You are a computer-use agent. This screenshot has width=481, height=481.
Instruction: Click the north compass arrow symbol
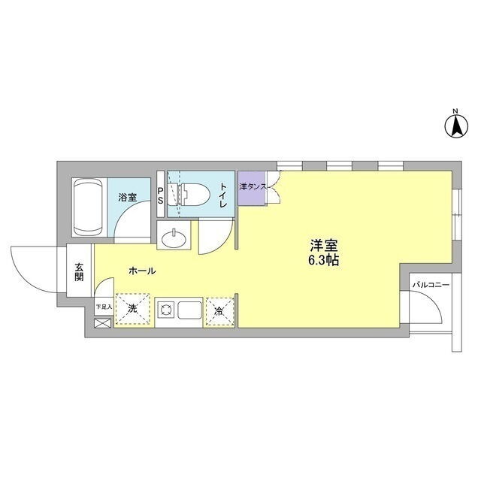pyautogui.click(x=456, y=126)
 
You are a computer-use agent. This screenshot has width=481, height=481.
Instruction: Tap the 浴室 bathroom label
pyautogui.click(x=128, y=197)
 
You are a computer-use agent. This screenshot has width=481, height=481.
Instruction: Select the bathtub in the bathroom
pyautogui.click(x=89, y=207)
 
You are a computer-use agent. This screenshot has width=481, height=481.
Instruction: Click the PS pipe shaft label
pyautogui.click(x=160, y=196)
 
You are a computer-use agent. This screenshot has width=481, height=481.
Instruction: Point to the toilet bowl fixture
pyautogui.click(x=189, y=195)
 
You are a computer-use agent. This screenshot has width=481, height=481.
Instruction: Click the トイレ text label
pyautogui.click(x=223, y=195)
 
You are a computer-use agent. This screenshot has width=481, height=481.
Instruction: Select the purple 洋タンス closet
pyautogui.click(x=252, y=189)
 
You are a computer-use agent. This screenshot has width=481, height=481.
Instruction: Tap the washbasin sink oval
pyautogui.click(x=174, y=238)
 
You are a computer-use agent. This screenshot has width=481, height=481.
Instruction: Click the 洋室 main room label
pyautogui.click(x=324, y=246)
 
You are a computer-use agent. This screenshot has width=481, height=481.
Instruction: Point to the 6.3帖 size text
pyautogui.click(x=324, y=261)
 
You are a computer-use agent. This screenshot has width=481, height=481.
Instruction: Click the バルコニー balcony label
pyautogui.click(x=431, y=285)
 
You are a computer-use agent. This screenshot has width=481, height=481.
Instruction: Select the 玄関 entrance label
pyautogui.click(x=79, y=272)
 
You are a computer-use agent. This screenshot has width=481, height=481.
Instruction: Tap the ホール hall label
pyautogui.click(x=142, y=271)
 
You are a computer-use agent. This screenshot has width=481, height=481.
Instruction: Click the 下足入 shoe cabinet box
pyautogui.click(x=104, y=306)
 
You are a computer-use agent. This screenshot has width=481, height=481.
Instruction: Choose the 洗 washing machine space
pyautogui.click(x=133, y=309)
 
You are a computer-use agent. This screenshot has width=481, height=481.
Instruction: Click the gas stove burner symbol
pyautogui.click(x=166, y=310)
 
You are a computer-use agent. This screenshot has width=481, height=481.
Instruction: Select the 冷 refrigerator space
pyautogui.click(x=219, y=311)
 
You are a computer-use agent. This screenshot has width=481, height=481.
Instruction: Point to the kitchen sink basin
pyautogui.click(x=190, y=310)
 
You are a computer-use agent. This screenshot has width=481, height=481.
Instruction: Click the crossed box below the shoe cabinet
pyautogui.click(x=103, y=323)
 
